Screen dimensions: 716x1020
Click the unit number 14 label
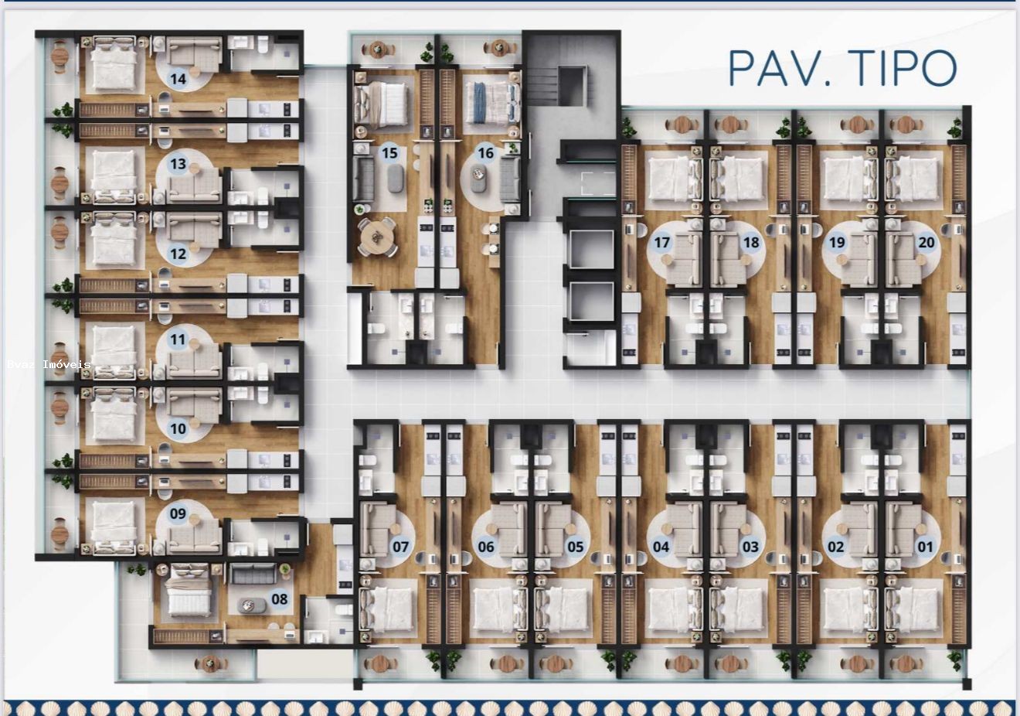click(178, 79)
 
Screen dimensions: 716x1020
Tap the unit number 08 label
click(279, 598)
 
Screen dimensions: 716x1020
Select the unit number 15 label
click(389, 153)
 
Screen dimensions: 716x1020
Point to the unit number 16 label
click(485, 153)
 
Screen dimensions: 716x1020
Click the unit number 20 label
click(926, 243)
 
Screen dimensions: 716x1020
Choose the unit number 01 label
click(925, 547)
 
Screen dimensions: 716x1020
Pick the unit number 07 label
click(400, 547)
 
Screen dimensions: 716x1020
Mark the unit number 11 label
click(178, 339)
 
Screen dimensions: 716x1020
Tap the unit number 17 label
click(661, 243)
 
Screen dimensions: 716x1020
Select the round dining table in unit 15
click(376, 237)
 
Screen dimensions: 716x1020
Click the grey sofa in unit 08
click(252, 574)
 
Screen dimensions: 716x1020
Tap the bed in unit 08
click(189, 592)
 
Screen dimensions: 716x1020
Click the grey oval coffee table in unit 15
click(394, 179)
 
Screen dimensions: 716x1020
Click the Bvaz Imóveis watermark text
click(49, 364)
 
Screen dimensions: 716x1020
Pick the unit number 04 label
click(661, 547)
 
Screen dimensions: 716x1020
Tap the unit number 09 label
click(178, 513)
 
